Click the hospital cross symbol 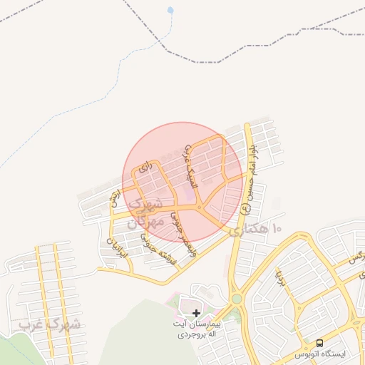197,312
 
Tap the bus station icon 319,342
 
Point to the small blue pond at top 170,11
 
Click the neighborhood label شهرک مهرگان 143,212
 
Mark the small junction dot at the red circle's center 200,207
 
